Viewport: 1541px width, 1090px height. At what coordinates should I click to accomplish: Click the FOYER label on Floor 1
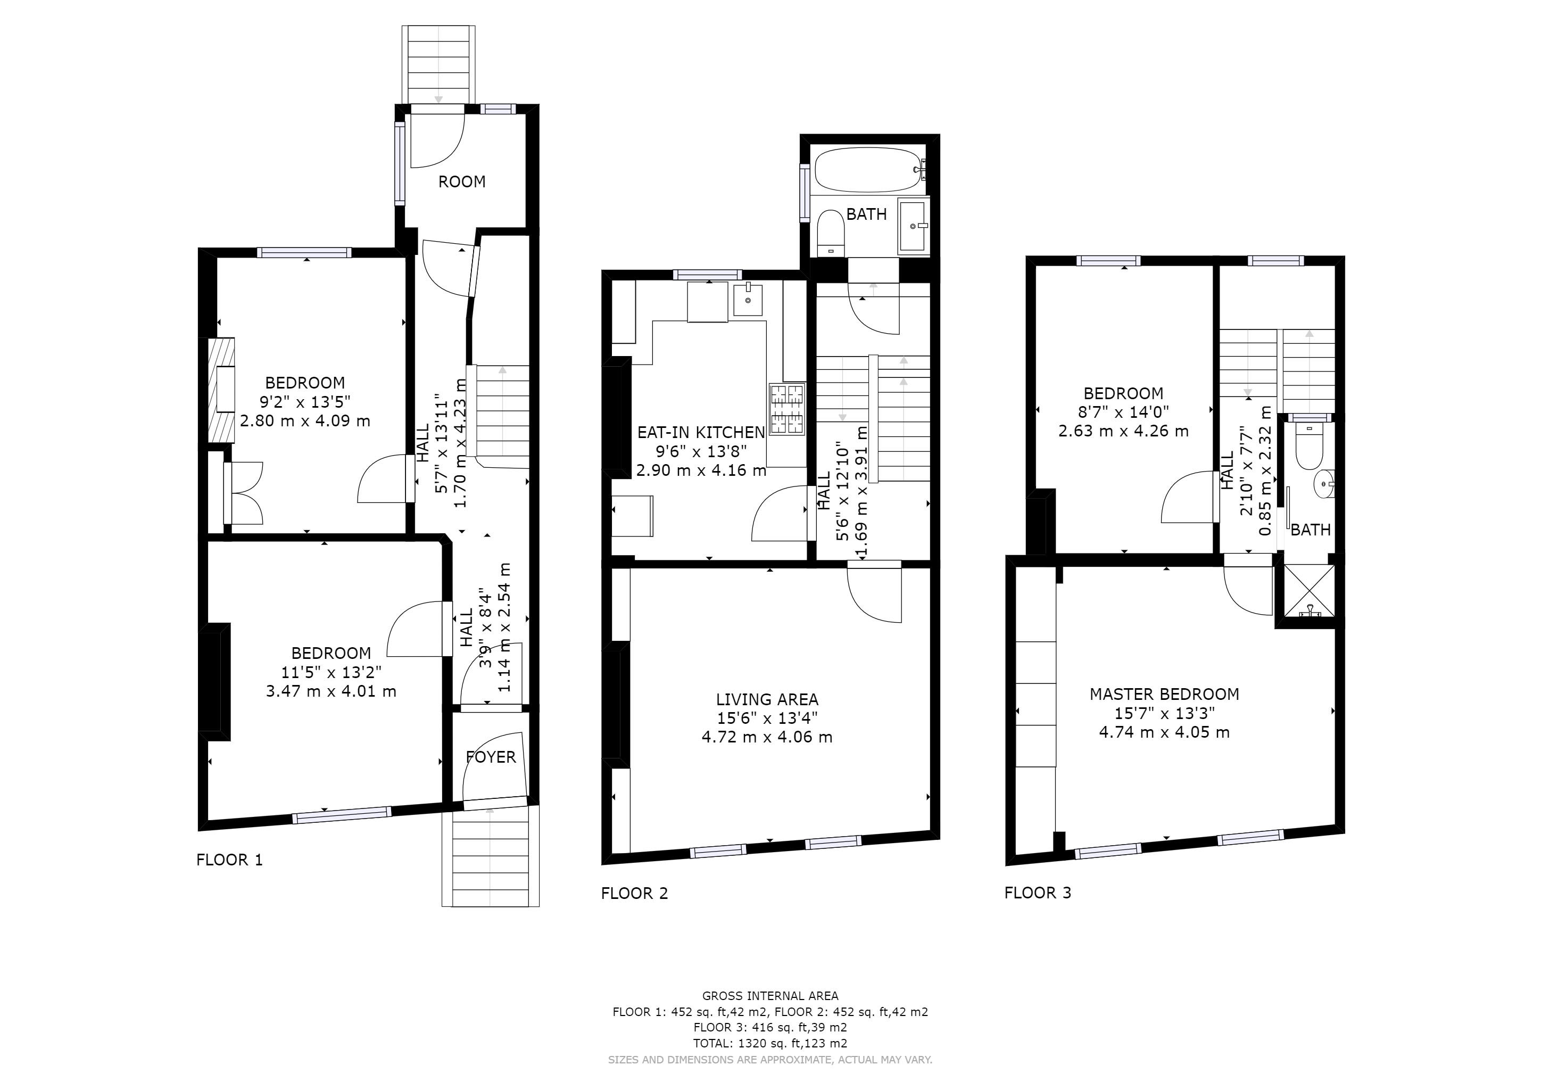[491, 757]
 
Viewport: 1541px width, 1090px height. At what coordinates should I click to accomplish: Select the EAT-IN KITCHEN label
[701, 432]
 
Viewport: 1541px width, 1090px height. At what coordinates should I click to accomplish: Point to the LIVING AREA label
[767, 699]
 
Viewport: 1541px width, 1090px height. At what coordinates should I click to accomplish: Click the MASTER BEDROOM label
[1164, 694]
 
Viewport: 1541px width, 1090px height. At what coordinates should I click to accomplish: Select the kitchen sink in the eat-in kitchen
[748, 299]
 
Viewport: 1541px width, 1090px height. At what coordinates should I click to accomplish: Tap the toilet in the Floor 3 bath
[1309, 445]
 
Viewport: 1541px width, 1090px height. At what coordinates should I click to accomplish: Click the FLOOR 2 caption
[634, 894]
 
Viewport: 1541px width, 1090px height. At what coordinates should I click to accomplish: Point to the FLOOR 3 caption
[1038, 893]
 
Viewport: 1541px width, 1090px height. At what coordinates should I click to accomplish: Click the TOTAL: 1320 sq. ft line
[770, 1043]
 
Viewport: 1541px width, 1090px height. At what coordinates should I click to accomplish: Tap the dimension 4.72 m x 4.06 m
[767, 737]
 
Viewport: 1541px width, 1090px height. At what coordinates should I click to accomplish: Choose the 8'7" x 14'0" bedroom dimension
[1123, 412]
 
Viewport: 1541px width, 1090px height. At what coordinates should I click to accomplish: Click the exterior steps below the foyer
[491, 856]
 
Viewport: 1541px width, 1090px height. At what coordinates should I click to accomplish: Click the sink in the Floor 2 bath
[914, 226]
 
